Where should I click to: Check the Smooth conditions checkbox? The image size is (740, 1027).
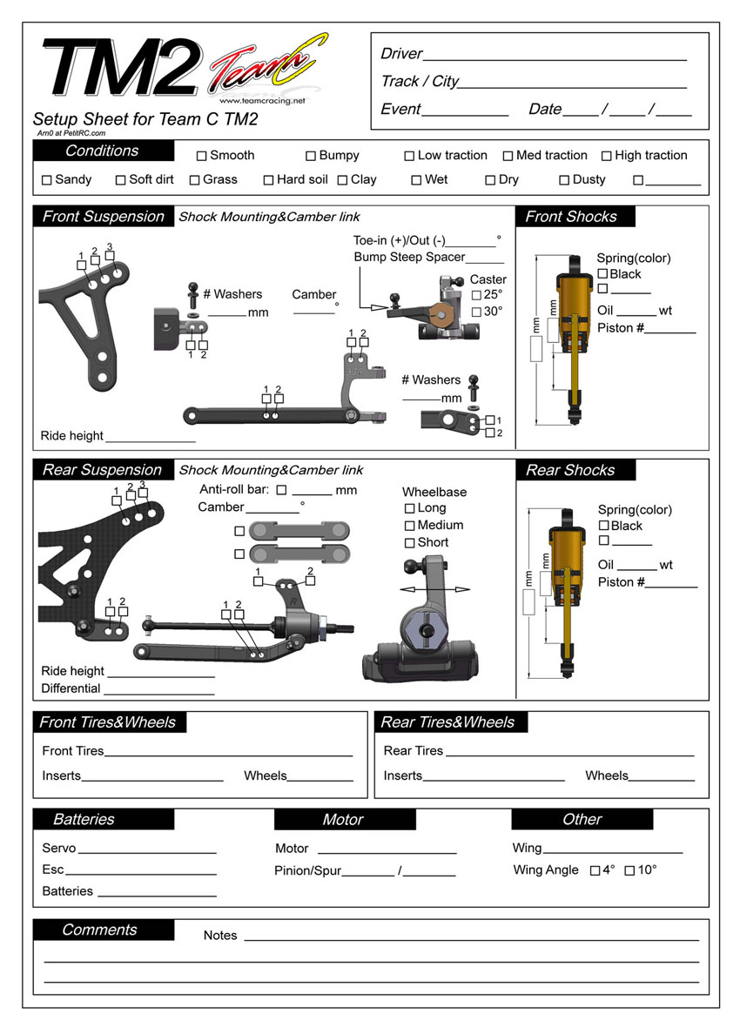pos(201,157)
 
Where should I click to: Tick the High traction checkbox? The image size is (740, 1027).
pos(606,157)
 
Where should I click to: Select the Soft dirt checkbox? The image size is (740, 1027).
pos(121,181)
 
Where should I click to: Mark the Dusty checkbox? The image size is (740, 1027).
pos(564,181)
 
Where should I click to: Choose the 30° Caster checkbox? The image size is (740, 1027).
pos(476,312)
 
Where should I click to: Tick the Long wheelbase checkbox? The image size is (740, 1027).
pos(409,508)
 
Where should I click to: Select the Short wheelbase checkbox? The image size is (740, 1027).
pos(409,543)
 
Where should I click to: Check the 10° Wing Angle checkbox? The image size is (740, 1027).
pos(630,870)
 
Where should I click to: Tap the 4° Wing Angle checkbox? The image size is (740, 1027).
pos(595,870)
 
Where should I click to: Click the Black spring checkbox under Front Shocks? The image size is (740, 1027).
pos(602,274)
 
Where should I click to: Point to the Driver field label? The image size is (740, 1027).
pos(401,54)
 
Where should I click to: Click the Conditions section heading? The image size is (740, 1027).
pos(102,151)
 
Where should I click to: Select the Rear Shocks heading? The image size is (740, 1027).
pos(570,471)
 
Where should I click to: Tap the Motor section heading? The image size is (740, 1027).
pos(343,820)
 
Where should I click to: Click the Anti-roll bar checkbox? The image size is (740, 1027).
pos(281,491)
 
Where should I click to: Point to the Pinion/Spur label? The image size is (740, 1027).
pos(307,871)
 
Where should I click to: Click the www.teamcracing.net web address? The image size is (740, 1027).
pos(268,101)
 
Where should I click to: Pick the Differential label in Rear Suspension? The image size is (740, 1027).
pos(71,688)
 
